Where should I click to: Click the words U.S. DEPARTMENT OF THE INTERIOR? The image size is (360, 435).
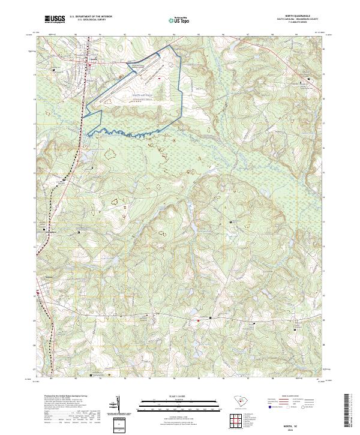click(x=91, y=16)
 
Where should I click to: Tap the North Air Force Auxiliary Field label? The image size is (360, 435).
click(x=143, y=96)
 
